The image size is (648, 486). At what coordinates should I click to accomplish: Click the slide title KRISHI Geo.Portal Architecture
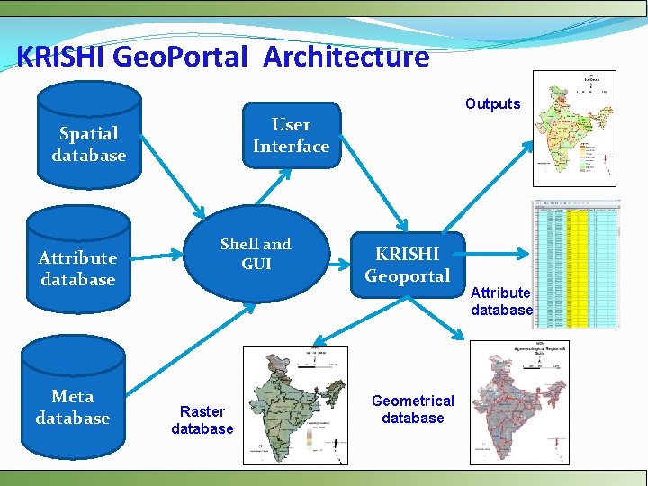(222, 58)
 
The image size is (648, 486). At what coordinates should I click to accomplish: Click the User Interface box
(291, 136)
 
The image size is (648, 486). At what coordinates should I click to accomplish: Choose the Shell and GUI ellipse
(256, 253)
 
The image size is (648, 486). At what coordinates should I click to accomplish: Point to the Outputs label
(492, 103)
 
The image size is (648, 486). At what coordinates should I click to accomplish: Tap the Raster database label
(202, 420)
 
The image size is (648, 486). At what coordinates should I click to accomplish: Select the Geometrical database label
(413, 409)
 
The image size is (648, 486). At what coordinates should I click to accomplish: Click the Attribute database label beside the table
(501, 301)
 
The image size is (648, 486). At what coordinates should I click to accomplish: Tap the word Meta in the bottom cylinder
(73, 396)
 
